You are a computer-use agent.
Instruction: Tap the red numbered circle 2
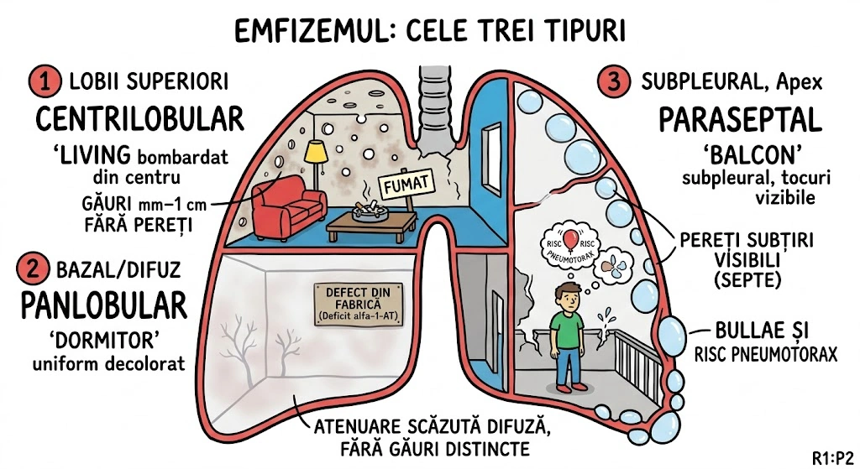click(34, 270)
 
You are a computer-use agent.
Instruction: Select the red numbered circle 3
click(612, 82)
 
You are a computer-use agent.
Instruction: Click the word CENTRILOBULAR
click(139, 119)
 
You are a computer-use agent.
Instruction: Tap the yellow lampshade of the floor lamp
click(315, 151)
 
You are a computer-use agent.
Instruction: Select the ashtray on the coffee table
click(368, 210)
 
